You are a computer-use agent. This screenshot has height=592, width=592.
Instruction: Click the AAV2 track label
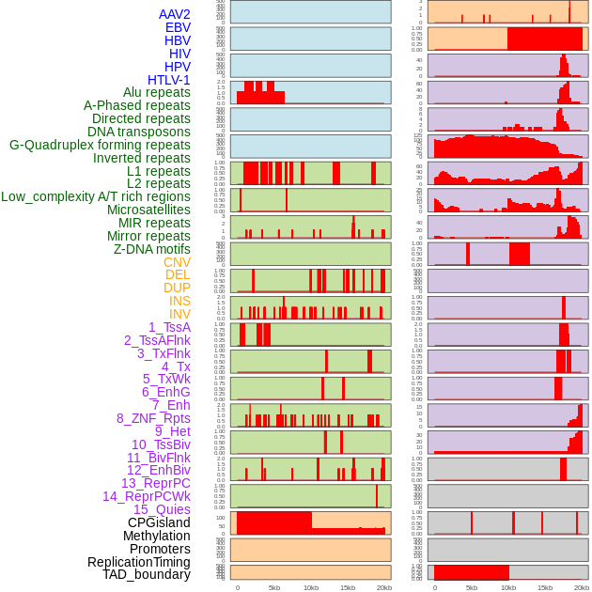point(175,15)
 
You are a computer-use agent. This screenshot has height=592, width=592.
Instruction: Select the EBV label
point(178,28)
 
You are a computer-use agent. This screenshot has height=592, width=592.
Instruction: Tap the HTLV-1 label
point(169,80)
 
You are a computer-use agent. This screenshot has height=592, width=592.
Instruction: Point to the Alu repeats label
point(157,93)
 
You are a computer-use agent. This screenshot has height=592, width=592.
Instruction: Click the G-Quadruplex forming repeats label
point(100,145)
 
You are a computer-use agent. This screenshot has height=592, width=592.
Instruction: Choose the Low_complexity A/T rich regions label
point(96,196)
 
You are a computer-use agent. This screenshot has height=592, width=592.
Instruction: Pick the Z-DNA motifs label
point(152,249)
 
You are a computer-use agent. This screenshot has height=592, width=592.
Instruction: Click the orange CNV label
point(177,262)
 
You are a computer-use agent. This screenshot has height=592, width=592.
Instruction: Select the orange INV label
point(179,314)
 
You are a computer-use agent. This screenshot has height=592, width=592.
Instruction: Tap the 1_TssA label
point(169,327)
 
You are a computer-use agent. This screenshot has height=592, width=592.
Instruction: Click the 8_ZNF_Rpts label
point(153,418)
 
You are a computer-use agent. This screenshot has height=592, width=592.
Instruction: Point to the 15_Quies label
point(162,509)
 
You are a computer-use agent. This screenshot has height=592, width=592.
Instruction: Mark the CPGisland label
point(159,522)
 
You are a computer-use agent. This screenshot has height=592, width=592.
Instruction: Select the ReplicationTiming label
point(139,562)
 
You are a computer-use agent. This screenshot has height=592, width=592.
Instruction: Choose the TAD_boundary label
point(147,574)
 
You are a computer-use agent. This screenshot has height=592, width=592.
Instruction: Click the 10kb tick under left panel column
point(311,587)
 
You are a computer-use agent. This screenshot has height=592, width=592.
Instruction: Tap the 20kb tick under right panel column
point(582,587)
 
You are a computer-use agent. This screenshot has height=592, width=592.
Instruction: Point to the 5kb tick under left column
point(274,587)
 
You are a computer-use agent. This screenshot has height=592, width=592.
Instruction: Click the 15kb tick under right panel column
point(545,587)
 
